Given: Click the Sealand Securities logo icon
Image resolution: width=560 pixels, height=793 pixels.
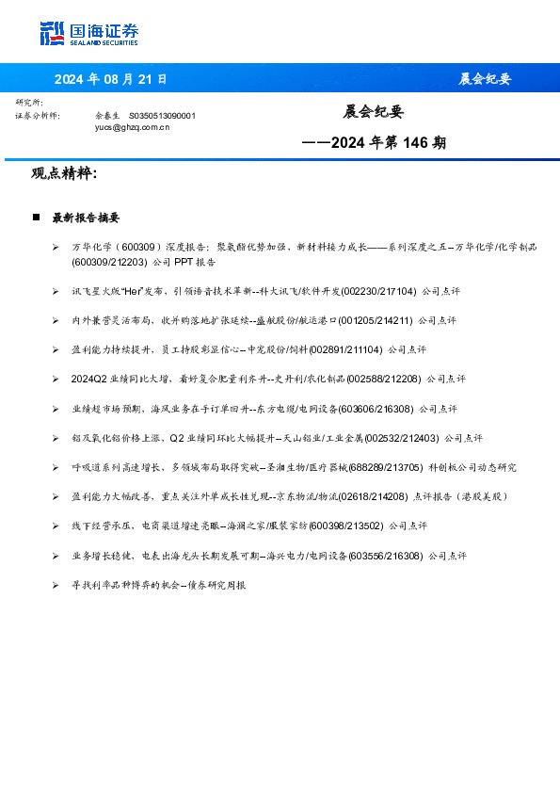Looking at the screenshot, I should [52, 33].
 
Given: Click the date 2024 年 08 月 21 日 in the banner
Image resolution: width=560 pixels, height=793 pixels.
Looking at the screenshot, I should [110, 79].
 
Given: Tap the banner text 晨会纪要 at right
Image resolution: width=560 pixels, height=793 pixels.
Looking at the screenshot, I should [485, 79].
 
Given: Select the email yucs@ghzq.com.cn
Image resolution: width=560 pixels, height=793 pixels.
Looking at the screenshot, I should [132, 125].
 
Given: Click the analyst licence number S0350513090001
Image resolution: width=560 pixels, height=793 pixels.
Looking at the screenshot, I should [162, 115].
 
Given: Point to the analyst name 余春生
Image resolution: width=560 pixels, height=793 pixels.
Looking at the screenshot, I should [106, 115].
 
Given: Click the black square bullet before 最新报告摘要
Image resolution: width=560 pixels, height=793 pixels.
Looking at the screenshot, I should [36, 218].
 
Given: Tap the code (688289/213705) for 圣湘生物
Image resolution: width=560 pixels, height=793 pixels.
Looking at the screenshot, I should [385, 467].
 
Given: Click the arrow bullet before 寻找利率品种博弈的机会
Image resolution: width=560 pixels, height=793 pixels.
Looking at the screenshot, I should [56, 585].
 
